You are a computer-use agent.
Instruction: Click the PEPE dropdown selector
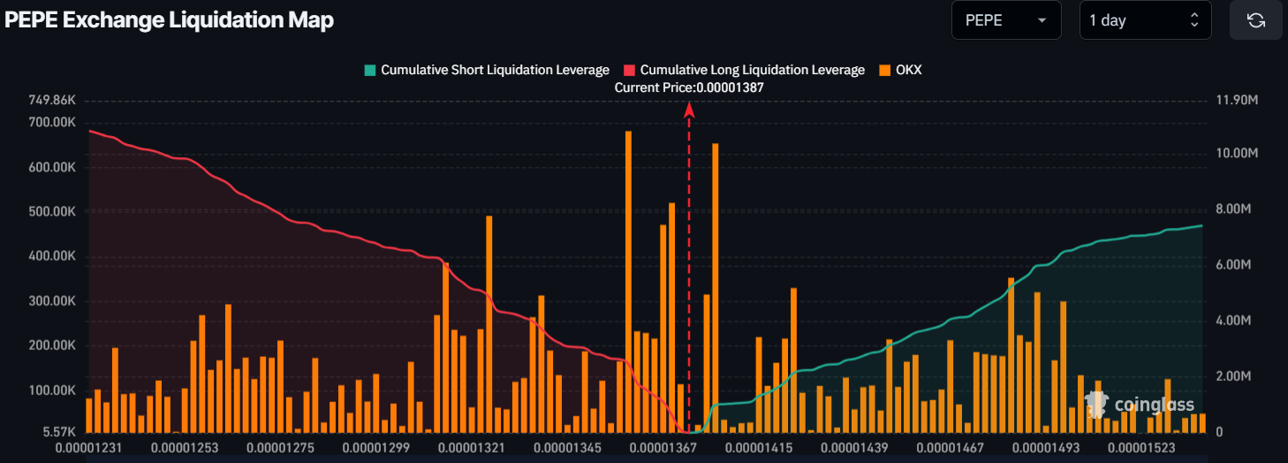coord(1005,20)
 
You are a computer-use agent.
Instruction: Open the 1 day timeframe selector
coord(1145,20)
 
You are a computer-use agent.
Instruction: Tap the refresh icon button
coord(1255,20)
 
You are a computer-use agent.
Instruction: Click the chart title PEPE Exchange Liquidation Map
coord(170,20)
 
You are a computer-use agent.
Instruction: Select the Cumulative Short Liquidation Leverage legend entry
coord(487,70)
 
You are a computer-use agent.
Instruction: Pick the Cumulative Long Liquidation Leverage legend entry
coord(744,70)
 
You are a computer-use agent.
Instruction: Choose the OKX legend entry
coord(900,70)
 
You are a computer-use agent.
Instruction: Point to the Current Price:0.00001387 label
coord(689,87)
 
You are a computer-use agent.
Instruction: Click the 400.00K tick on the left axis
coord(52,257)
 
